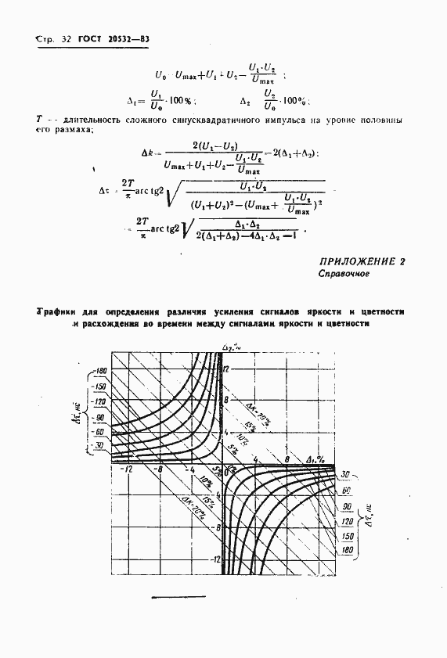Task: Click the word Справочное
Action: [x=344, y=275]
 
